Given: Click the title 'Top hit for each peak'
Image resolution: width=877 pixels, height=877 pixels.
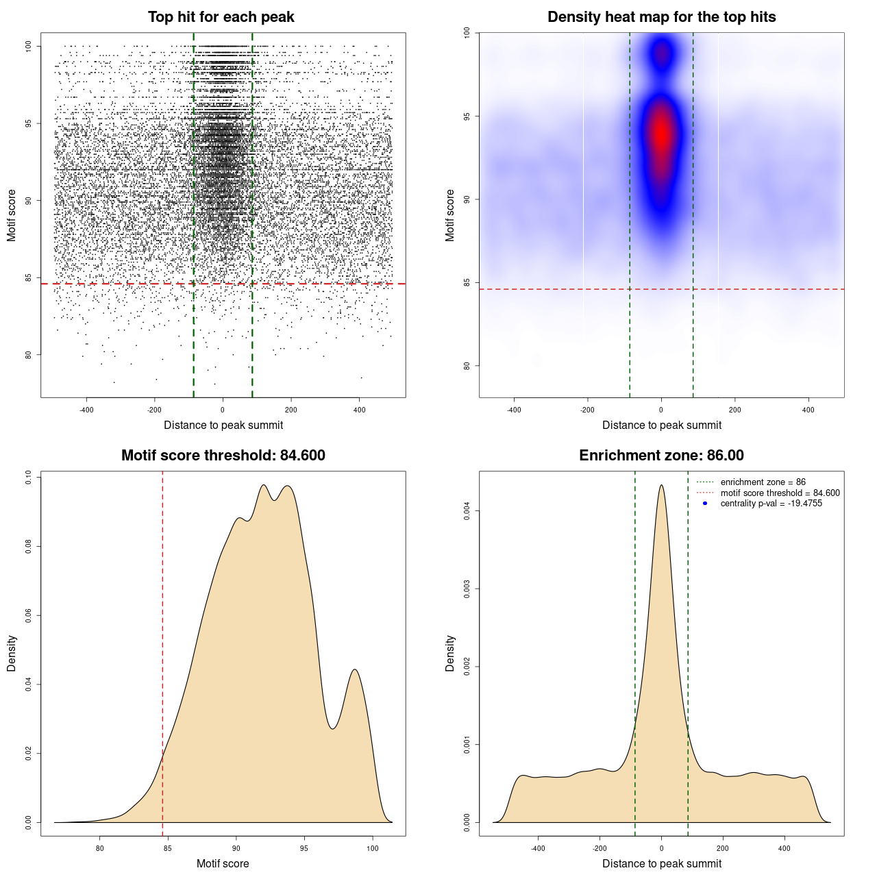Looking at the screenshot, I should click(221, 17).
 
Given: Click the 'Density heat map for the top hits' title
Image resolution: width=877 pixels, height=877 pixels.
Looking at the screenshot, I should click(661, 17).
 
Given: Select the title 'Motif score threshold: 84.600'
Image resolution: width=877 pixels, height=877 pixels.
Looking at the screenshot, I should click(223, 456).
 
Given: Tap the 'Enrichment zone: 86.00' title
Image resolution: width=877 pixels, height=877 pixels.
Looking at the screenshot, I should click(661, 456).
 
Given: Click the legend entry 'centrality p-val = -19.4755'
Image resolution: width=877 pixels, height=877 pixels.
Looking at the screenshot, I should click(771, 504).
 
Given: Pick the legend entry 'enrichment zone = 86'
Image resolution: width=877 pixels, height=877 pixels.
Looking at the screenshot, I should click(763, 482).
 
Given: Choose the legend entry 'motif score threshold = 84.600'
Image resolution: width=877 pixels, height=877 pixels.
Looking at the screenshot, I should click(780, 493).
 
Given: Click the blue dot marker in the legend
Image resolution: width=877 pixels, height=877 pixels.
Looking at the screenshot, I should click(705, 504).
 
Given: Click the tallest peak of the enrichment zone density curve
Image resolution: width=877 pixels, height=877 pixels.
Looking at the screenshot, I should click(661, 486).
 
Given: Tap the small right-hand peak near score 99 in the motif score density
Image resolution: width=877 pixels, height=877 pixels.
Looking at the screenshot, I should click(355, 670).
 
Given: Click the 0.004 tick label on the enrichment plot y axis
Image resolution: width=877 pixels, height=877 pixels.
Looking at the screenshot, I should click(467, 510).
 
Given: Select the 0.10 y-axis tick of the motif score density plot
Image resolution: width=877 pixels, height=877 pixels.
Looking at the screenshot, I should click(29, 477).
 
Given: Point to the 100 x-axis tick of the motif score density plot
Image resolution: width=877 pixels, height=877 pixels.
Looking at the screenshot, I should click(373, 848).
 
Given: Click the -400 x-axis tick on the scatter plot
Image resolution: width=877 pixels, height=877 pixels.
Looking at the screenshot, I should click(86, 410).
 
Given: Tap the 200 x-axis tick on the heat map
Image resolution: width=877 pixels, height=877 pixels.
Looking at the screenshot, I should click(734, 410).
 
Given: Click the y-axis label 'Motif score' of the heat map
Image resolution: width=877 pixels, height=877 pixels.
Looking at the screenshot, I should click(450, 215).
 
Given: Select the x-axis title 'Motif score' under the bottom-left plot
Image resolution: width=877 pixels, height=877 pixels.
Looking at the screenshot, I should click(223, 863).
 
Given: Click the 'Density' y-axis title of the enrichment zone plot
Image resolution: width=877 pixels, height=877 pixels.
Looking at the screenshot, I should click(450, 654).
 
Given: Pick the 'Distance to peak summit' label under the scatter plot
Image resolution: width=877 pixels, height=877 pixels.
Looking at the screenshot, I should click(223, 425).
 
